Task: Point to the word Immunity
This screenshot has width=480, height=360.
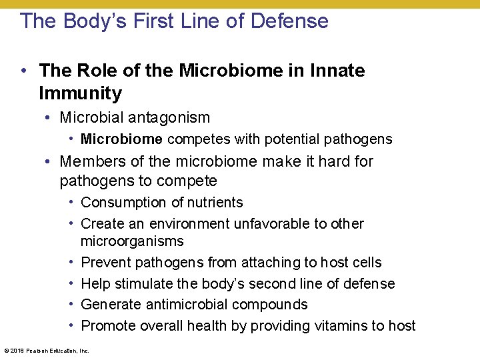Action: [x=81, y=93]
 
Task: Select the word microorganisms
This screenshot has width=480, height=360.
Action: [x=132, y=241]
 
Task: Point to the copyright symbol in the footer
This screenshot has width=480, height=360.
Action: [x=6, y=350]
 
